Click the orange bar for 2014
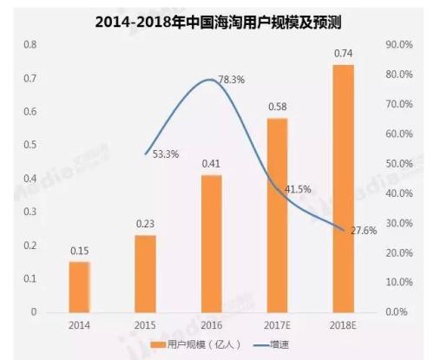tap(79, 286)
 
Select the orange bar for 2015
tap(145, 273)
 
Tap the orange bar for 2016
tap(211, 243)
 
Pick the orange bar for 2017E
tap(277, 214)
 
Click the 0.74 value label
tap(344, 55)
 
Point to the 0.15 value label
tap(79, 252)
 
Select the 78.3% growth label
tap(232, 79)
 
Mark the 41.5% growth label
tap(298, 188)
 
